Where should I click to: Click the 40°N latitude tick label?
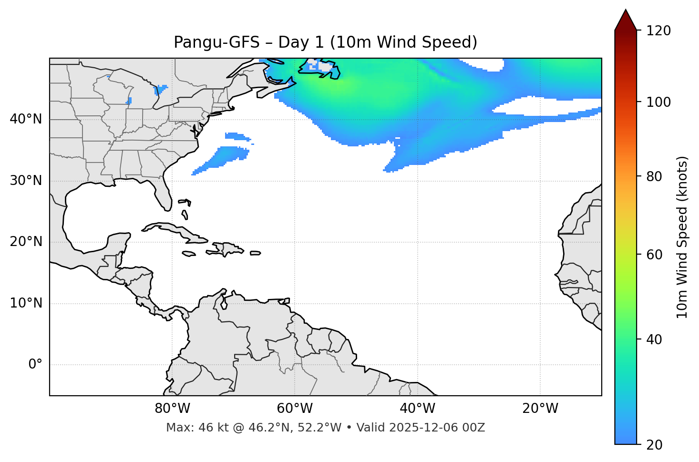pos(26,119)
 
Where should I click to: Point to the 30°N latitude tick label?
pos(26,181)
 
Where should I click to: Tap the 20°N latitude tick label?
pos(26,242)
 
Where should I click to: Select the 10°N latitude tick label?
pos(26,303)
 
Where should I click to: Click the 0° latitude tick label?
pos(35,365)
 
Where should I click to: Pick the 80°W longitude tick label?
pos(172,409)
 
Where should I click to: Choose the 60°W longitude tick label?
pos(295,409)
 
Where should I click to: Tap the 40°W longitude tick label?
pos(417,409)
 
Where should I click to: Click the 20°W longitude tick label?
pos(540,409)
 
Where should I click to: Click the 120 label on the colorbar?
pos(658,31)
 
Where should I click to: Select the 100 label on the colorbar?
pos(658,102)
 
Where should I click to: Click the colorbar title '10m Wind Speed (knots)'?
pos(682,237)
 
